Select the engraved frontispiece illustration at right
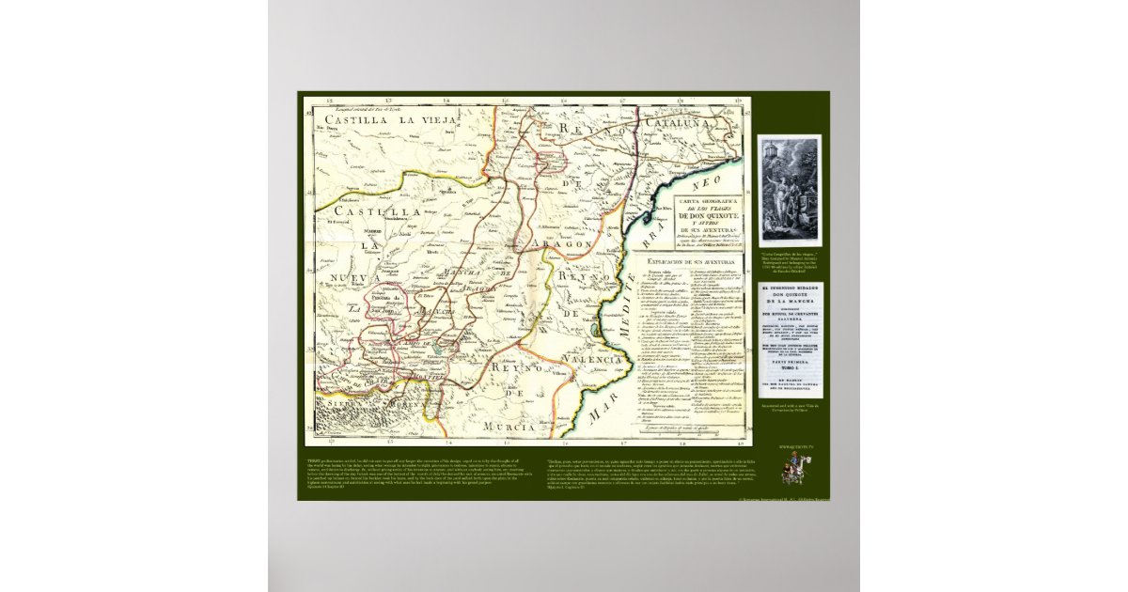pos(790,191)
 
